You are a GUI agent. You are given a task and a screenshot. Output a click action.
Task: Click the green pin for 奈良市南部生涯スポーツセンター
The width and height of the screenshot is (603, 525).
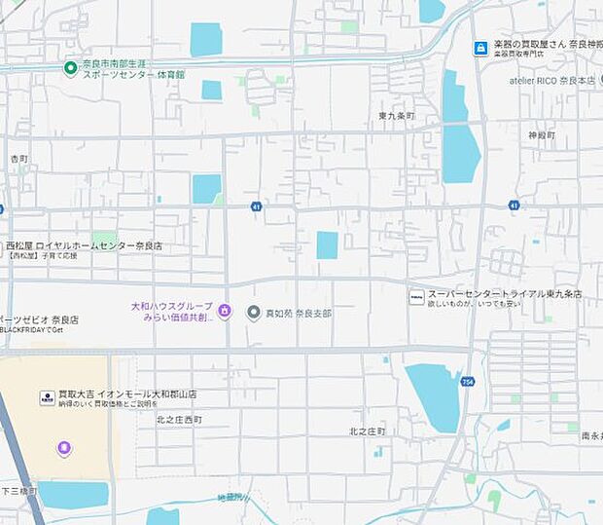(70, 67)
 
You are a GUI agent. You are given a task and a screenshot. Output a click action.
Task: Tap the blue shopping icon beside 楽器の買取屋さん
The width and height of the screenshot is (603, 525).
(480, 48)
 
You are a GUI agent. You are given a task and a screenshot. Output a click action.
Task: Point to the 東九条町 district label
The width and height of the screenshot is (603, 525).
(397, 116)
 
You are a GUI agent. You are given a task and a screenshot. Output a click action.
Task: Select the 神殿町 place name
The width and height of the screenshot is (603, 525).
(541, 135)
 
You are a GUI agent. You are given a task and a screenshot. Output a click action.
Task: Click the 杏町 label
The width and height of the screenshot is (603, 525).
(19, 159)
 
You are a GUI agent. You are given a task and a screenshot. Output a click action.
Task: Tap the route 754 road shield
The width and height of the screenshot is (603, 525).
(469, 382)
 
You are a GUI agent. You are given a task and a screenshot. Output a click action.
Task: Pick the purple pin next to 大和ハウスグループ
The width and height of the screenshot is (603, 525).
(225, 312)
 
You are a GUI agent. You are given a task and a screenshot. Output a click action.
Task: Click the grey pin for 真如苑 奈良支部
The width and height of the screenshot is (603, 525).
(254, 313)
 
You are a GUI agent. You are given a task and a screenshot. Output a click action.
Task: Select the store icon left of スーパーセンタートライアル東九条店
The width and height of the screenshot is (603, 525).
(416, 295)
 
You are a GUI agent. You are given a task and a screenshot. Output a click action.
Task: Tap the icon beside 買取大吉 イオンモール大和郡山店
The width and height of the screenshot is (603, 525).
(47, 397)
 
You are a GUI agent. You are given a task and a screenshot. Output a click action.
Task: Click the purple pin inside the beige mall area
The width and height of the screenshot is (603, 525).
(64, 448)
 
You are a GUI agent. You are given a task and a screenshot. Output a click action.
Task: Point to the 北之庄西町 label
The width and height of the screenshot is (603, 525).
(179, 420)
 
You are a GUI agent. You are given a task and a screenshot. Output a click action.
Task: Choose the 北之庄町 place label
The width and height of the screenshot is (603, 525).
(368, 431)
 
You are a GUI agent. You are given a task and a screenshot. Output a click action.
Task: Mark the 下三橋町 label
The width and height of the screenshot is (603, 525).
(18, 491)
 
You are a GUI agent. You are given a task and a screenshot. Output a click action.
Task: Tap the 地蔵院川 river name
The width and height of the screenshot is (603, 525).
(233, 499)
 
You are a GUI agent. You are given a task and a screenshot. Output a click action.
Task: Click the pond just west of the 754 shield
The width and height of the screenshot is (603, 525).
(435, 394)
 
